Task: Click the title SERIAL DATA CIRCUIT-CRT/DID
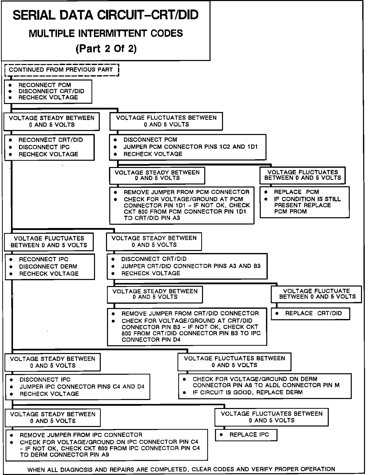[x=105, y=15]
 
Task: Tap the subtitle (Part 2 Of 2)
[x=106, y=48]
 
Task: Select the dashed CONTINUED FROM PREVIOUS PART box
[x=61, y=70]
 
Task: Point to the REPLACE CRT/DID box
[x=310, y=313]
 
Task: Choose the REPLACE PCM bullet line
[x=296, y=192]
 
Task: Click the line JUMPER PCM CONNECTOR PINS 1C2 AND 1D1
[x=190, y=147]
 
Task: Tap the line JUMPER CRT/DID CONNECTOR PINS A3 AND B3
[x=191, y=266]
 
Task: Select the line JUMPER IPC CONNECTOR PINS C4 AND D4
[x=82, y=386]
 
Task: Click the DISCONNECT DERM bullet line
[x=48, y=266]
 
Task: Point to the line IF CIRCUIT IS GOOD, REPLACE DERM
[x=247, y=392]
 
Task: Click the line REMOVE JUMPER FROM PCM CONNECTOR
[x=186, y=192]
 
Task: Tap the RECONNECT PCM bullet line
[x=45, y=85]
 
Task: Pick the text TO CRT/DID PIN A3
[x=152, y=218]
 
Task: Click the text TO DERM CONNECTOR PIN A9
[x=64, y=455]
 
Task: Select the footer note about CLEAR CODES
[x=181, y=469]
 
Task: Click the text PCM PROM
[x=290, y=211]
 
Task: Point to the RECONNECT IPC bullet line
[x=43, y=259]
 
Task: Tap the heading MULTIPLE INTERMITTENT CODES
[x=106, y=33]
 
